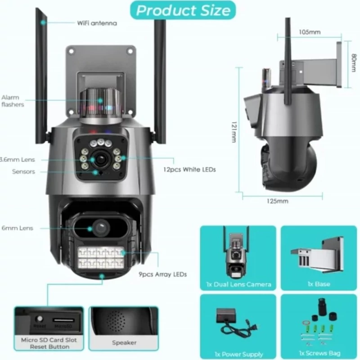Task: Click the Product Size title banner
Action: tap(183, 9)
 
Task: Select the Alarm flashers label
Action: tap(13, 101)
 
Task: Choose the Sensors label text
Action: tap(23, 171)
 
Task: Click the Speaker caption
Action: tap(124, 343)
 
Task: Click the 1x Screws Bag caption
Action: tap(319, 354)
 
